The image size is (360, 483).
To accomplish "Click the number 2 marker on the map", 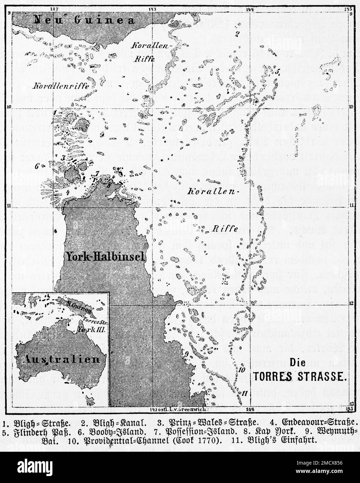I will pos(237,34).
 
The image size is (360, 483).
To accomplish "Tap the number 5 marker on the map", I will pos(278,72).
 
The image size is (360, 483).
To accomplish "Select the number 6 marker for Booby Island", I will pos(36,166).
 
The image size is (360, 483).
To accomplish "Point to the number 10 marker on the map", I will pos(242,369).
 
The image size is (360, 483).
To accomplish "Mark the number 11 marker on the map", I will pos(245,393).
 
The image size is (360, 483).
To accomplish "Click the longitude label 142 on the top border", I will pos(54,8).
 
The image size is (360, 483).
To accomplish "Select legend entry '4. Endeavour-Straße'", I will pos(313,423).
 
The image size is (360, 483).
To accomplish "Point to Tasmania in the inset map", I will pos(91,401).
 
